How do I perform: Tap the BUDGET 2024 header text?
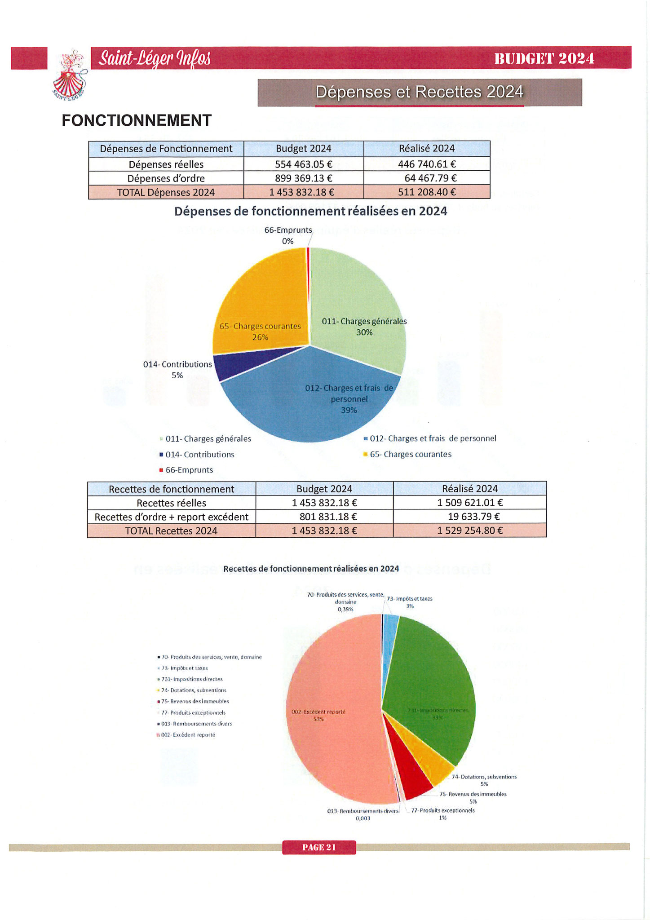[544, 58]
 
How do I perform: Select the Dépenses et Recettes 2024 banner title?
[419, 92]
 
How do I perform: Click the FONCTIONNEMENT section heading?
[137, 120]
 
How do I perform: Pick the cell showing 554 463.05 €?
[303, 164]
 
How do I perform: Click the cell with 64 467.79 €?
[426, 178]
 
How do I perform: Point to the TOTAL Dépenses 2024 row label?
[166, 192]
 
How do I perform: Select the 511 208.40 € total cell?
[426, 192]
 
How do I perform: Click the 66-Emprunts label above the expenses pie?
[288, 230]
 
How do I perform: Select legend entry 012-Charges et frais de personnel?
[433, 438]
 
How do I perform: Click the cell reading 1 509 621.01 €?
[469, 503]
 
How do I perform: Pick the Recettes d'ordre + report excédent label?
[171, 517]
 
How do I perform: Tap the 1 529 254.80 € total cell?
[469, 531]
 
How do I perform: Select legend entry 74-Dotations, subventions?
[194, 690]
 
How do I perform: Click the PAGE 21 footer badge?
[319, 847]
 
